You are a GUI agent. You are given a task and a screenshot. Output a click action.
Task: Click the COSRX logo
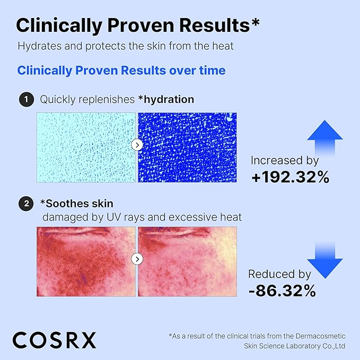coord(55,339)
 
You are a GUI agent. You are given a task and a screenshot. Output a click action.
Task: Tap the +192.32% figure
coord(291,177)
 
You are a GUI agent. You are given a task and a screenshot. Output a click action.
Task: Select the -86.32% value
coord(283,291)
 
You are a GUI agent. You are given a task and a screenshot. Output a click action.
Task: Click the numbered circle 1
coord(25,100)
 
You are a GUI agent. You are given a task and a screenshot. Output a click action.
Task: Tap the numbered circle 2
coord(25,204)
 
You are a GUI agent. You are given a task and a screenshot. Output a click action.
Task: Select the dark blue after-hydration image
coord(187,145)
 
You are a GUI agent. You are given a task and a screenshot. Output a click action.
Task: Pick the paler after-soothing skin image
coord(187,259)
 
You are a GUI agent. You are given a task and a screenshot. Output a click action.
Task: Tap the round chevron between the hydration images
coord(137,145)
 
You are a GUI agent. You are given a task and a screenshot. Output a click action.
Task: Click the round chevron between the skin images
coord(137,259)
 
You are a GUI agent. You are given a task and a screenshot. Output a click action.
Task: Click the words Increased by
coord(284,160)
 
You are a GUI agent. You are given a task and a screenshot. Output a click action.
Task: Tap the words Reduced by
coord(279,274)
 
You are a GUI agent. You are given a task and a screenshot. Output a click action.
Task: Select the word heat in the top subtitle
coord(223,46)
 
